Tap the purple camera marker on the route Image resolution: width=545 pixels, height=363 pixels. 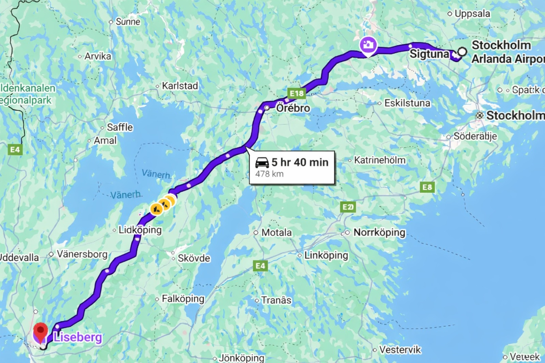click(368, 45)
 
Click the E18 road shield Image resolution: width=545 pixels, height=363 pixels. click(296, 93)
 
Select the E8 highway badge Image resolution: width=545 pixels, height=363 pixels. click(427, 187)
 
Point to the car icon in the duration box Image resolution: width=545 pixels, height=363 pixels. click(262, 162)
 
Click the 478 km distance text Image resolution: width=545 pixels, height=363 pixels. click(269, 174)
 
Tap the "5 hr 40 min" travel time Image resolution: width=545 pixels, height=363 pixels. click(300, 162)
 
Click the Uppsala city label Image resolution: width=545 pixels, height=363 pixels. click(472, 14)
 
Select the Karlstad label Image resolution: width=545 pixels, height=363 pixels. click(180, 86)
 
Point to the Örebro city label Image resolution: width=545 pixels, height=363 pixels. click(293, 108)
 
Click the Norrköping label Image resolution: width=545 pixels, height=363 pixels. click(379, 233)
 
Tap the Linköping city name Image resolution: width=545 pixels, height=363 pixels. click(326, 255)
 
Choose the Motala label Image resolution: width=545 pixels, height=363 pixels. click(276, 233)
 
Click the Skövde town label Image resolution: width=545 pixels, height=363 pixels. click(193, 258)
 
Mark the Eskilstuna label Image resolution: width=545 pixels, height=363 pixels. click(407, 103)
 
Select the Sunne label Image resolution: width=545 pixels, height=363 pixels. click(128, 22)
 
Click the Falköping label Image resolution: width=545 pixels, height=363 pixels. click(183, 299)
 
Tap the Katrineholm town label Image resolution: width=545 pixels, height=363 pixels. click(379, 160)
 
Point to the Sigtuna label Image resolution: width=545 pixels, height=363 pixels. click(429, 54)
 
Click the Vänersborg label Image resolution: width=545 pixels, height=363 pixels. click(82, 254)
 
